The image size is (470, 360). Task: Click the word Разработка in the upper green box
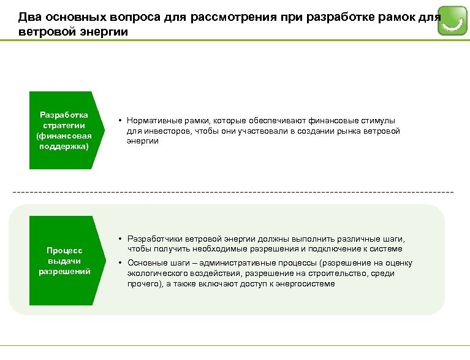[x=64, y=115]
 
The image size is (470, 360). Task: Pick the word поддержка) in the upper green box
[x=64, y=147]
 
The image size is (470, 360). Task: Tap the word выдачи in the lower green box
[x=64, y=261]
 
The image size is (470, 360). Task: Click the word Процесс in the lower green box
[x=64, y=251]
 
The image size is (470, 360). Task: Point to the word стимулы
[x=377, y=121]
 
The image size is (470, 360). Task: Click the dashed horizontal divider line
[x=233, y=193]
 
